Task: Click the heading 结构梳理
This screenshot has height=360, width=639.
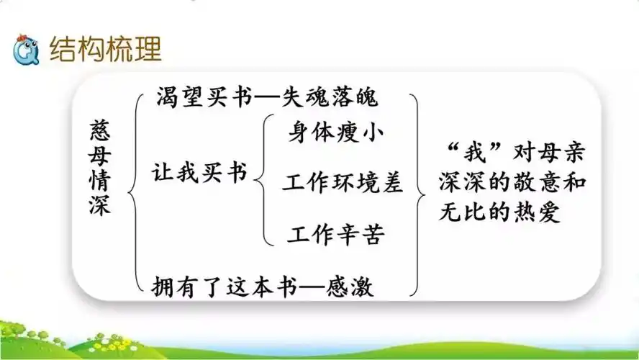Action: pos(105,49)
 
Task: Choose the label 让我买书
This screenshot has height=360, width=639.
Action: pos(199,174)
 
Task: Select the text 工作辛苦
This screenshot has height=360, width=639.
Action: pos(336,234)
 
